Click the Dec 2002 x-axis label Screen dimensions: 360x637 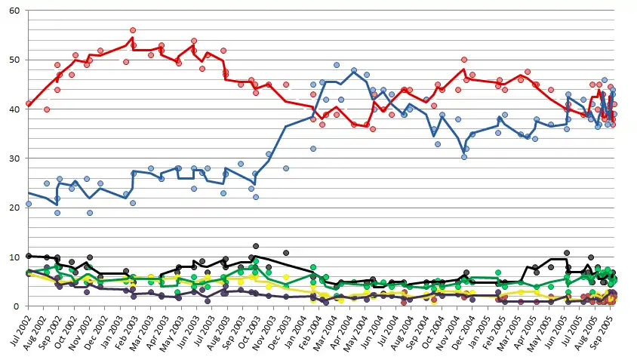pos(101,332)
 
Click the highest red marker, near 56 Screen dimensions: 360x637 pos(133,30)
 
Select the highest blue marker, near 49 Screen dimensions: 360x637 pos(337,65)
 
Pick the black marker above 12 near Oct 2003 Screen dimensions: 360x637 pos(257,246)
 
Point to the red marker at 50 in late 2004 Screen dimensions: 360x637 pos(464,60)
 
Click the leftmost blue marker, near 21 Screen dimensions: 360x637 pos(29,204)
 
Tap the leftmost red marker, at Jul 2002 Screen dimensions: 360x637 pos(29,104)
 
